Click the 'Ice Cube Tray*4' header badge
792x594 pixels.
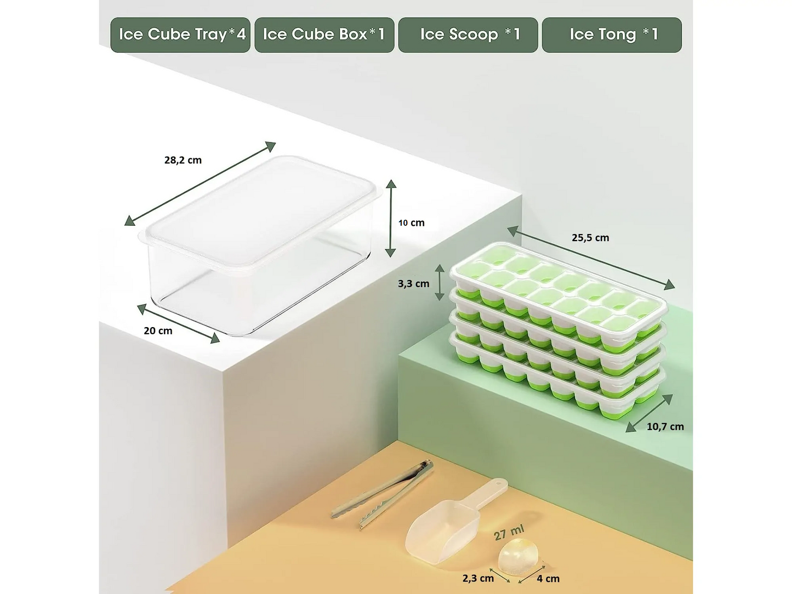[x=180, y=35]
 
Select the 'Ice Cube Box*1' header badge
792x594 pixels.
[x=324, y=35]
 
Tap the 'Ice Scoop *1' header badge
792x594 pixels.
[x=468, y=35]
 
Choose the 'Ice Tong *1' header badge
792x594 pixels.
[x=612, y=35]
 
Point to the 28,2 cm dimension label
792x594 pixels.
[x=183, y=160]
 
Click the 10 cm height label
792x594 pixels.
[x=411, y=223]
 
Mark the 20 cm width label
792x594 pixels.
[x=158, y=331]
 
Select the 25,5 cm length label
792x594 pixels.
[x=590, y=238]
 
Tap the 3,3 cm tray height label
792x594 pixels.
[x=413, y=284]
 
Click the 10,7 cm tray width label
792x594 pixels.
[x=665, y=427]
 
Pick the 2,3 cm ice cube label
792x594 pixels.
[x=478, y=579]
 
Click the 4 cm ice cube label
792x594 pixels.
[x=548, y=579]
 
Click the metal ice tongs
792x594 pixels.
[x=383, y=494]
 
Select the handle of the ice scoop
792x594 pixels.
[x=487, y=493]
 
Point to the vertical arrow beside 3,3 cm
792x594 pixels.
[x=440, y=282]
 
